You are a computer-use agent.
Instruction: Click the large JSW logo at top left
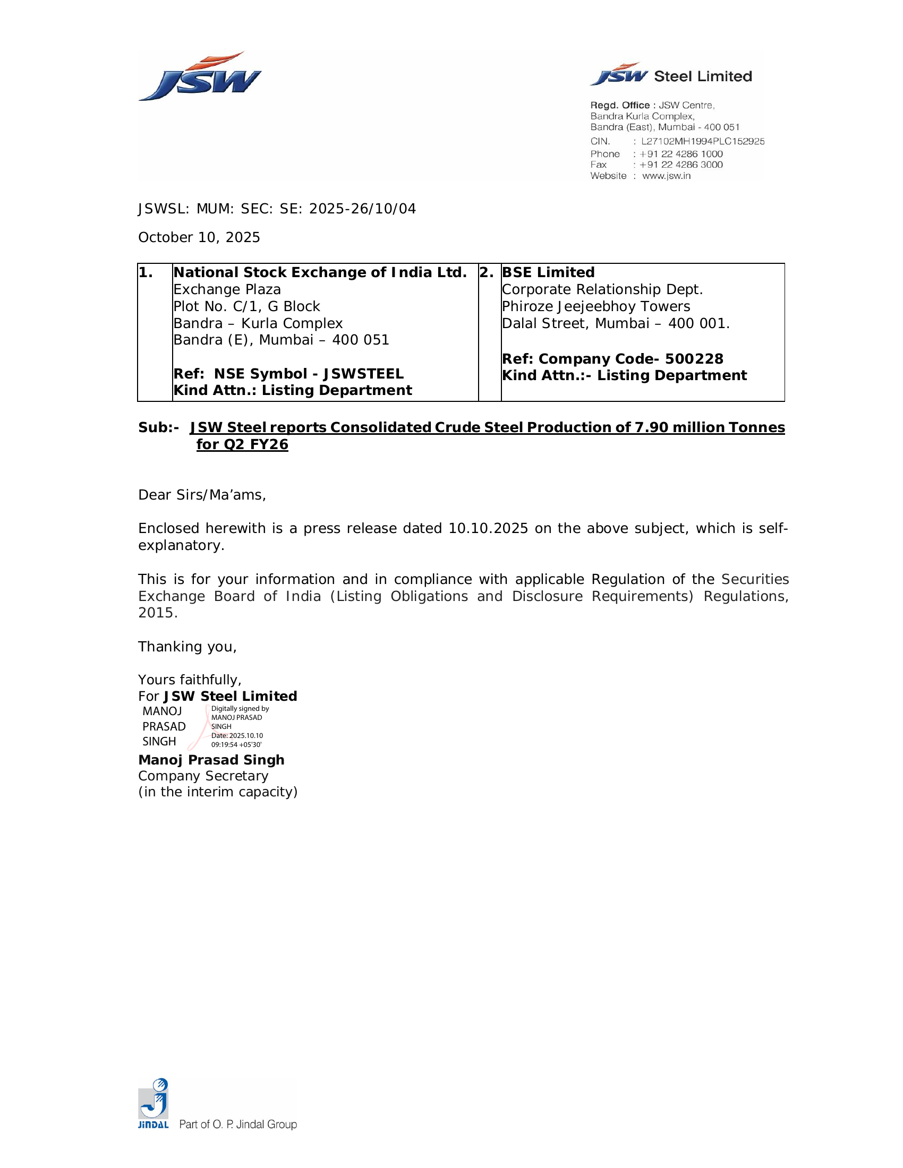click(200, 78)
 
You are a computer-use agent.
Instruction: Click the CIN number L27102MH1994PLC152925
click(702, 141)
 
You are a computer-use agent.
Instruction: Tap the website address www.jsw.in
click(666, 176)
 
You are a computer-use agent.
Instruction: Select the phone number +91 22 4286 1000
click(680, 154)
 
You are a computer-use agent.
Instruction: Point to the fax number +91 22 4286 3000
click(680, 165)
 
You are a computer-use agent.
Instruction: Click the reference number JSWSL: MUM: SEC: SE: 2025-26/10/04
click(277, 209)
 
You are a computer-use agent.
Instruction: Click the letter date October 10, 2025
click(199, 237)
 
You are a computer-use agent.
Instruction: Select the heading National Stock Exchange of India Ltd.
click(319, 273)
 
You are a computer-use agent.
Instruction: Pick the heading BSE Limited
click(548, 273)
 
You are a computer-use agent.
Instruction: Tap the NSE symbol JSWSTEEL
click(363, 374)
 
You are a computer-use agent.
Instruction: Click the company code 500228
click(694, 359)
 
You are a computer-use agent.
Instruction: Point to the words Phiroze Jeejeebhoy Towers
click(595, 306)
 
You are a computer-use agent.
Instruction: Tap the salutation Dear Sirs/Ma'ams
click(202, 495)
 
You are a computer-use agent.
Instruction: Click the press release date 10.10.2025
click(488, 529)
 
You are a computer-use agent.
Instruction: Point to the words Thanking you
click(187, 647)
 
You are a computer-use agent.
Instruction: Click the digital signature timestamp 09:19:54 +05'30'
click(236, 745)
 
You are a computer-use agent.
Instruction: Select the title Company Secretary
click(203, 776)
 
